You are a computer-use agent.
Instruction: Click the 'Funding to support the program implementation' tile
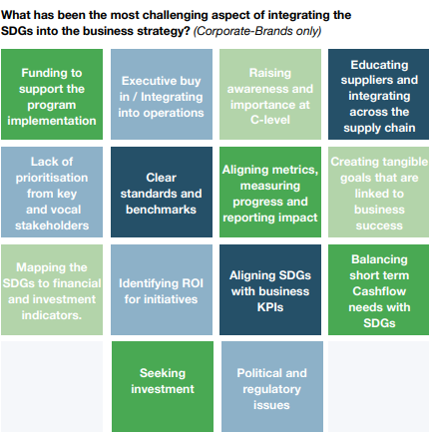[52, 94]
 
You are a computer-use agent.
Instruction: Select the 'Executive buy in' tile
[162, 94]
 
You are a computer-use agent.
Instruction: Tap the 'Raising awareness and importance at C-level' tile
[270, 94]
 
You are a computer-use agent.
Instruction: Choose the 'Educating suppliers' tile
[378, 94]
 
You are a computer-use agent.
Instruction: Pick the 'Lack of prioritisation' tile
[52, 192]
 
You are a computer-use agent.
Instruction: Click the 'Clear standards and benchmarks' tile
[162, 192]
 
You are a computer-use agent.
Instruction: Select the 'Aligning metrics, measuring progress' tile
[270, 192]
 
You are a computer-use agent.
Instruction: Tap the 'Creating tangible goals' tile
[378, 192]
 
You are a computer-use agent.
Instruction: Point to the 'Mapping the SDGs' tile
[52, 289]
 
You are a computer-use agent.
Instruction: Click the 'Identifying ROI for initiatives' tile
[162, 289]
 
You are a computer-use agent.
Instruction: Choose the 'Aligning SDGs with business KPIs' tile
[270, 289]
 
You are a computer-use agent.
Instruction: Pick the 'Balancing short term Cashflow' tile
[378, 289]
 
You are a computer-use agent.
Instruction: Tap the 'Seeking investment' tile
[163, 386]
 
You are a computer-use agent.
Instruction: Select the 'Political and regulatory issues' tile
[272, 386]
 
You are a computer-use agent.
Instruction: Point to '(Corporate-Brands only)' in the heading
[257, 31]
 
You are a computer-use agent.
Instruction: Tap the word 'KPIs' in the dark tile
[270, 307]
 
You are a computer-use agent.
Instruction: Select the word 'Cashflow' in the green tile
[379, 291]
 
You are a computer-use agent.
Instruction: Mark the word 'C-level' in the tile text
[270, 120]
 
